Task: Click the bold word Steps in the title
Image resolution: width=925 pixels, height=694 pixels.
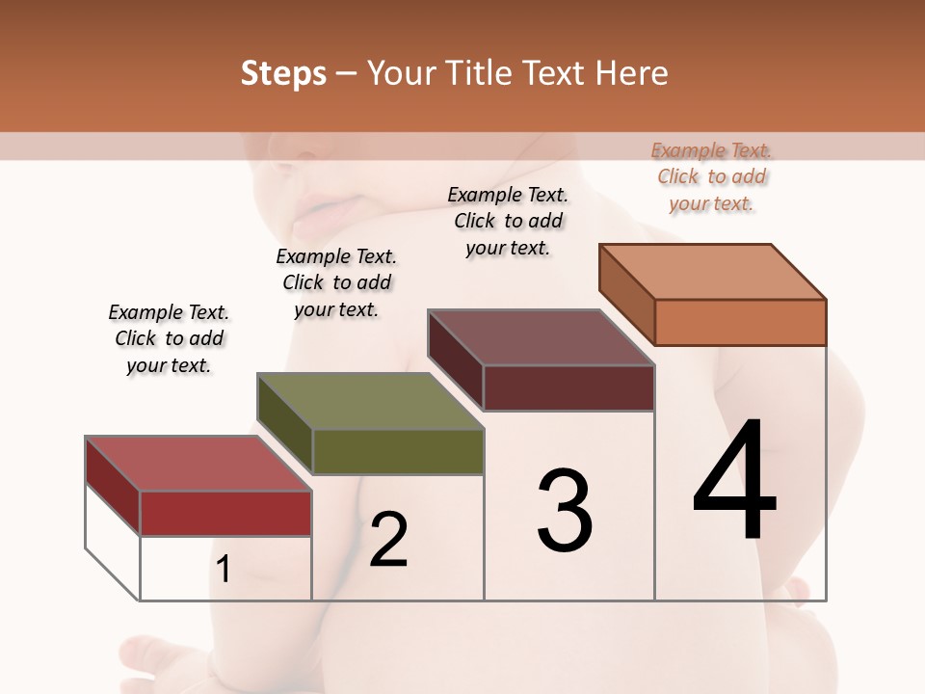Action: (283, 73)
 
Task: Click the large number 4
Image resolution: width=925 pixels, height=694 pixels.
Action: (734, 481)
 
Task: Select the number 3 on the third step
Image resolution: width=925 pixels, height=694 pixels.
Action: (565, 510)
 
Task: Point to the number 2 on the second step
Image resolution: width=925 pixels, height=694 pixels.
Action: (388, 539)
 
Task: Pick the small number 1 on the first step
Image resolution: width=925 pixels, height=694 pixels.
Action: (224, 570)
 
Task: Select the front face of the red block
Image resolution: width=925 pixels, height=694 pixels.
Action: (225, 513)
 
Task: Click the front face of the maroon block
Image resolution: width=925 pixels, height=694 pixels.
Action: (568, 387)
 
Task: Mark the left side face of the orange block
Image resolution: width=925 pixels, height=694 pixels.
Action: (627, 293)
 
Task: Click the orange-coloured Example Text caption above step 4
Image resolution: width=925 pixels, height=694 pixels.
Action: (711, 177)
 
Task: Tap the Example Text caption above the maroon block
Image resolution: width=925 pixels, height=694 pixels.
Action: (508, 221)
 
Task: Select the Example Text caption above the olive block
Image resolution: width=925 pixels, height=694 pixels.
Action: (336, 282)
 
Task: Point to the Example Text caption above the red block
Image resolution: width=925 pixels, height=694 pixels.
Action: (169, 338)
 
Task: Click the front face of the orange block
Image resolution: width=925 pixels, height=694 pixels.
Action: (740, 322)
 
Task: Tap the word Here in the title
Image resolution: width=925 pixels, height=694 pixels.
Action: (631, 73)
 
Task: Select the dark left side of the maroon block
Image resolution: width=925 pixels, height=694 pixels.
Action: (456, 358)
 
